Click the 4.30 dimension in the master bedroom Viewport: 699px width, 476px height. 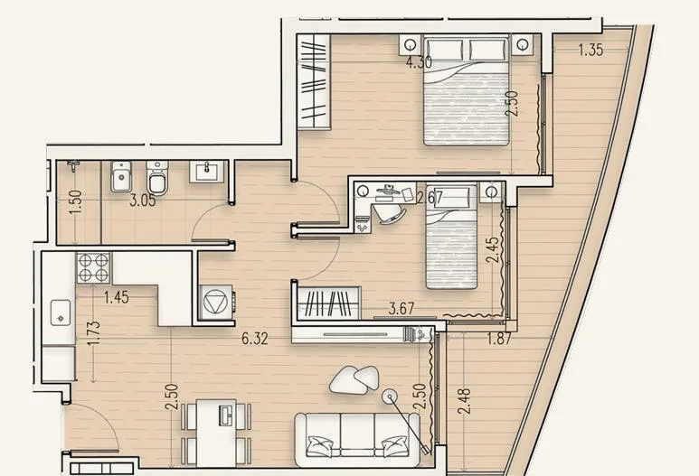point(419,62)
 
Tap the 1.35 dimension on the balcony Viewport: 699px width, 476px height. point(590,50)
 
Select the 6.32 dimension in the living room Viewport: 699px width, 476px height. point(255,339)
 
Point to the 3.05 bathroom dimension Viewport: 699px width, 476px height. point(143,201)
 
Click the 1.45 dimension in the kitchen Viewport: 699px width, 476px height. point(117,297)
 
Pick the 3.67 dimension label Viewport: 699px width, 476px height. point(401,309)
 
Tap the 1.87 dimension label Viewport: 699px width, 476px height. point(498,340)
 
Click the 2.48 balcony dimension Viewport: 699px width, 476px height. point(464,401)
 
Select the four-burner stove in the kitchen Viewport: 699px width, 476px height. point(94,267)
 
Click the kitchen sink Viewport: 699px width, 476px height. point(61,313)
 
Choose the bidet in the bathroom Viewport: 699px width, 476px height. point(121,176)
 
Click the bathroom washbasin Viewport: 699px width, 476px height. point(206,172)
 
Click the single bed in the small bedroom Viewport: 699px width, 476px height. point(451,237)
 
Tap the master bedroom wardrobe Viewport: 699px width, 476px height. point(315,82)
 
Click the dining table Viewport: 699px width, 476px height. point(216,433)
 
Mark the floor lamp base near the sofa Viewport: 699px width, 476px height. point(391,396)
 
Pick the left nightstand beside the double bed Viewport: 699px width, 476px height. point(411,44)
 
